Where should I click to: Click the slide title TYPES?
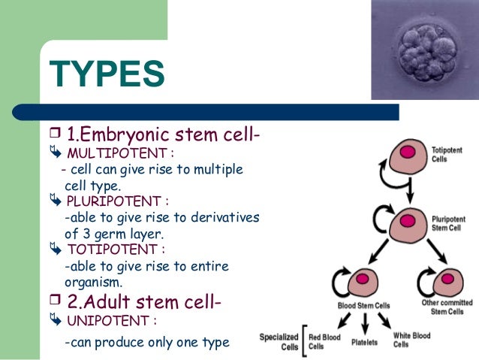pyautogui.click(x=107, y=76)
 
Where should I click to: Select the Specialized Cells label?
pyautogui.click(x=279, y=342)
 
